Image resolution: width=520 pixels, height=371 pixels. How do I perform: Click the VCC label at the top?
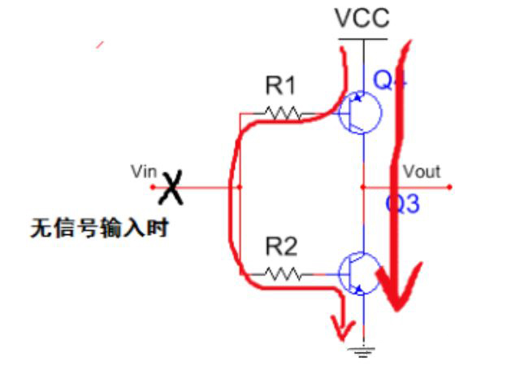point(363,17)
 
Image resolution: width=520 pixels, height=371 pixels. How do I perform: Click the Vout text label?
point(421,172)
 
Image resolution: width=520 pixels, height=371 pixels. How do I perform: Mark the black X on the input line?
point(171,188)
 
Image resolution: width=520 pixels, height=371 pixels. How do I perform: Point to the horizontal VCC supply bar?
point(363,38)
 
